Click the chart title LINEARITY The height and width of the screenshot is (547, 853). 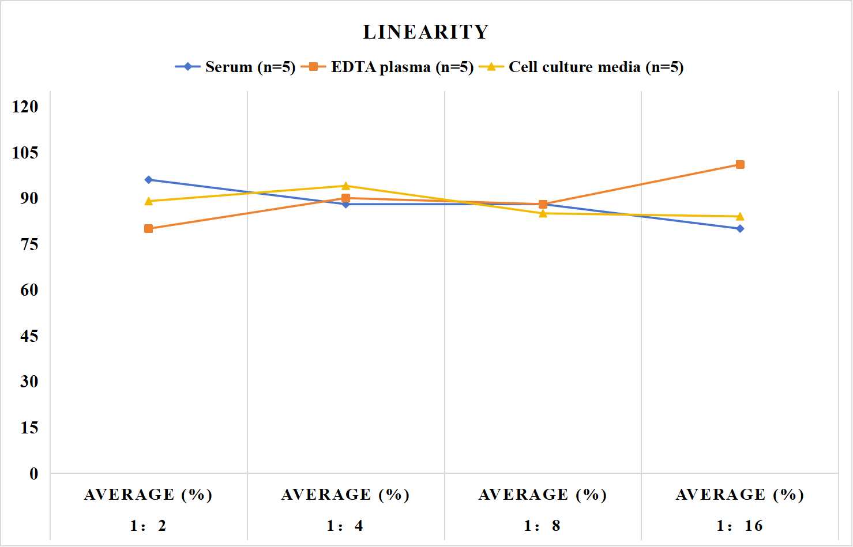(x=426, y=32)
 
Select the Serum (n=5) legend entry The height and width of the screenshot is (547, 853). (x=235, y=67)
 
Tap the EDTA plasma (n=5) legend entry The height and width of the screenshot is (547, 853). (x=387, y=67)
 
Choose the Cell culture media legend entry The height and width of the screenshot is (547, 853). (x=581, y=67)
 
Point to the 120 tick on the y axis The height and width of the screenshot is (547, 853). (x=25, y=107)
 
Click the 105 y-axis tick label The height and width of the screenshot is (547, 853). (x=25, y=153)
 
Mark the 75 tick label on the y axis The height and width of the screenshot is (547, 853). (x=29, y=244)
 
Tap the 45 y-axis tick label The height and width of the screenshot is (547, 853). (x=29, y=336)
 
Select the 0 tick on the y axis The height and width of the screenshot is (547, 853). (x=34, y=474)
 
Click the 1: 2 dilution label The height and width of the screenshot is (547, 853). (x=148, y=526)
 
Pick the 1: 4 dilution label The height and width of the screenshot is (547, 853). (x=345, y=526)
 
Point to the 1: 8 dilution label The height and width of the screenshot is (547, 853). (x=542, y=526)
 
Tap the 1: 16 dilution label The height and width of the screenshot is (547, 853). (x=739, y=526)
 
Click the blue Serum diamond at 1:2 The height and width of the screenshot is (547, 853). (x=149, y=180)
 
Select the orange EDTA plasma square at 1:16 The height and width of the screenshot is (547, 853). (x=740, y=164)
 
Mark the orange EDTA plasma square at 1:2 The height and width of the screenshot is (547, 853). (x=149, y=228)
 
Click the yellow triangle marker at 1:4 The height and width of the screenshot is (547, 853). (x=345, y=186)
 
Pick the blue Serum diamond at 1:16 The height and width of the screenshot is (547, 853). (x=740, y=228)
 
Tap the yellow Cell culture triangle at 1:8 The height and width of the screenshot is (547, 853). (x=543, y=213)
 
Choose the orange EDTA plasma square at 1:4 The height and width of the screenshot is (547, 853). (x=345, y=198)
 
